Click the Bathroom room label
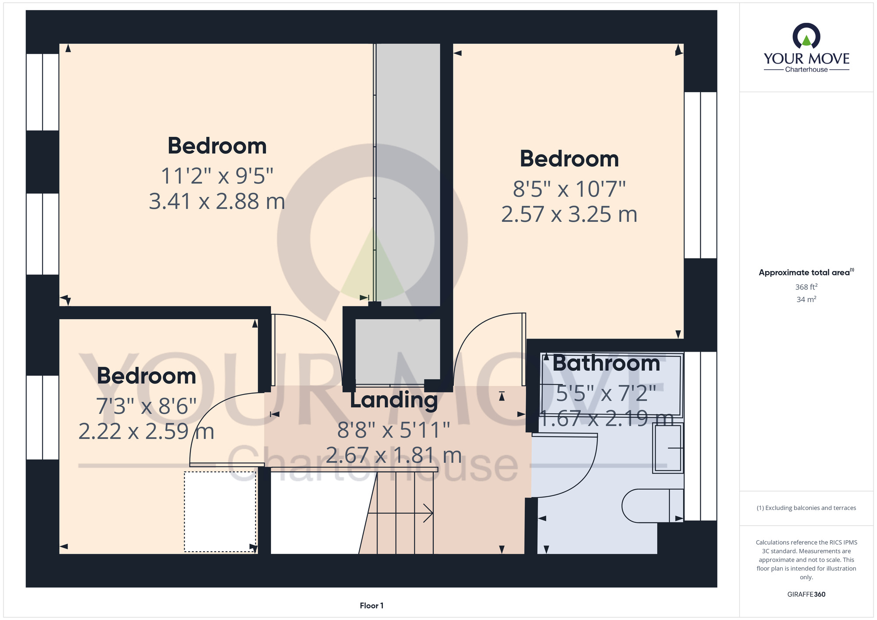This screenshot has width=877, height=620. click(x=606, y=363)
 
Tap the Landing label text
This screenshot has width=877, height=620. click(x=394, y=400)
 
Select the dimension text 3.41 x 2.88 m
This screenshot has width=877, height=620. click(x=217, y=202)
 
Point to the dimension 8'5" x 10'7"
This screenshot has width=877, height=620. click(x=569, y=189)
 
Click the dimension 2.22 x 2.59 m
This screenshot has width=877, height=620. click(x=146, y=431)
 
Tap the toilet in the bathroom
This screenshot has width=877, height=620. click(x=652, y=506)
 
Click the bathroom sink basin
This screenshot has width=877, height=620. click(x=668, y=448)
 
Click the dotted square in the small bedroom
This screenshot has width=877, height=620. click(x=220, y=512)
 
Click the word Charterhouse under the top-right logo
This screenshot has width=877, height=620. click(x=806, y=69)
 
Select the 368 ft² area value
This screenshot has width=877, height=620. click(x=806, y=287)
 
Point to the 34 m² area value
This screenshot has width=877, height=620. click(x=806, y=299)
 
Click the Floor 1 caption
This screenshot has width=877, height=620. click(x=371, y=606)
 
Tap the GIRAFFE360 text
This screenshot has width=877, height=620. click(x=806, y=595)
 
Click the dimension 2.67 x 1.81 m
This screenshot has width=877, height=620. click(x=394, y=456)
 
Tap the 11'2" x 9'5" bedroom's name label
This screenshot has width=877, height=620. click(x=217, y=146)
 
